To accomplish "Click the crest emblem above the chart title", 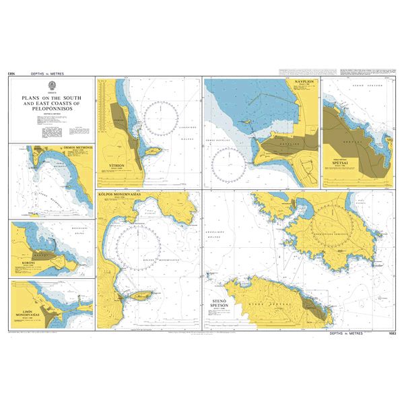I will pyautogui.click(x=52, y=85).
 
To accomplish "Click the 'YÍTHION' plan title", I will pyautogui.click(x=118, y=165).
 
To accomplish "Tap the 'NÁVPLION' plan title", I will pyautogui.click(x=304, y=81).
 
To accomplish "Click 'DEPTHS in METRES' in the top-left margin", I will pyautogui.click(x=53, y=72).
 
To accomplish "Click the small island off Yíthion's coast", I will pyautogui.click(x=152, y=151).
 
